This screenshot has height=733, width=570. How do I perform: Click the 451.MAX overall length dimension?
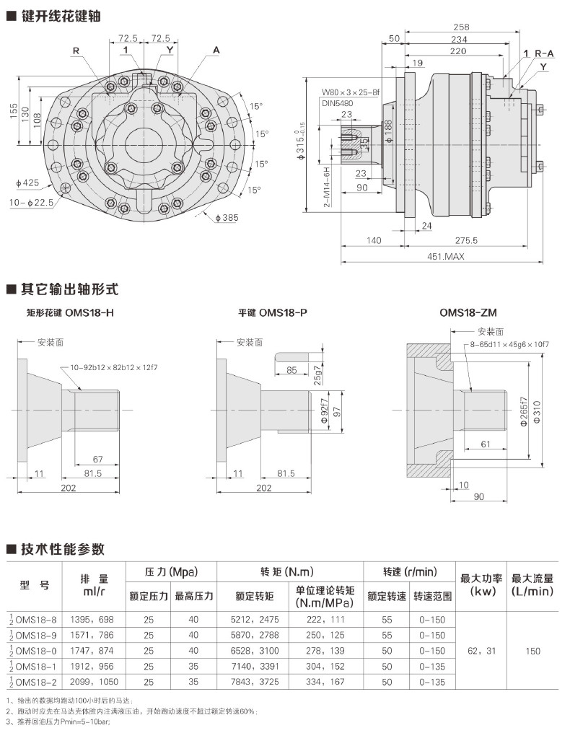point(444,256)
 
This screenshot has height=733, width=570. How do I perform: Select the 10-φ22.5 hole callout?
point(32,203)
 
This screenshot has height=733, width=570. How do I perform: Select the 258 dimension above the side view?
point(461,27)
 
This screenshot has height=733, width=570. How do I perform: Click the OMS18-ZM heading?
point(468,312)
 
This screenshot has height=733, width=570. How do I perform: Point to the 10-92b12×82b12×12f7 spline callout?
point(114,367)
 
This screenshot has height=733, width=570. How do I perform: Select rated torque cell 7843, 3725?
point(255,682)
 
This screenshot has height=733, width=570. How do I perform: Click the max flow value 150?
point(532,651)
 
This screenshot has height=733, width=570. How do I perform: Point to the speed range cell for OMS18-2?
point(436,682)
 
